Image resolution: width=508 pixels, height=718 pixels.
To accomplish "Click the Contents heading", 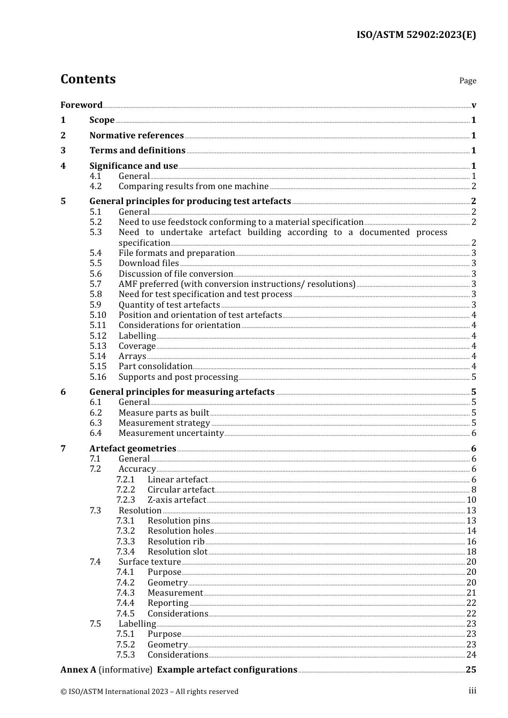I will pos(88,79).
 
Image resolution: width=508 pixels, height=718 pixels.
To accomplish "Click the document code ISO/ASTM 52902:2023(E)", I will pos(416,35).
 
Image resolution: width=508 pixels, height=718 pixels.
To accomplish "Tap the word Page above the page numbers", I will pos(467,81).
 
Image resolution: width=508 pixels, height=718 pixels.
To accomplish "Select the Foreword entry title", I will pos(81,105).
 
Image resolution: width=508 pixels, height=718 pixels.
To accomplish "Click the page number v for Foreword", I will pos(474,105).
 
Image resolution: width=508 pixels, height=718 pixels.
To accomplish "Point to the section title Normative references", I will pos(136,135).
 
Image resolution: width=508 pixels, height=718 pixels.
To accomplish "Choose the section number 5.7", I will pos(95,284).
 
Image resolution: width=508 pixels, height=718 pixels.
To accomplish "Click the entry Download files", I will pos(149,263).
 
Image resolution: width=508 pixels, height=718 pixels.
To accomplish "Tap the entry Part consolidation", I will pos(155,366).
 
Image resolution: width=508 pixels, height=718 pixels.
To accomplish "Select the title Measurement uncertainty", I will pos(171,433).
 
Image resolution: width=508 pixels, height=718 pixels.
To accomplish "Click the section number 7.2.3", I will pos(126,500).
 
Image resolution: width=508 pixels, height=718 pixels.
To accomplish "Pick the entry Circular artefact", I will pos(181,489).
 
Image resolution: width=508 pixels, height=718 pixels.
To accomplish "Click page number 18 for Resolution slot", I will pos(471,551).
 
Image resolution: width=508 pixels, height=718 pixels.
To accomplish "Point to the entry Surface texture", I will pos(150,561).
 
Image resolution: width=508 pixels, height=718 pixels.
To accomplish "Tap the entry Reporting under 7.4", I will pos(168,603).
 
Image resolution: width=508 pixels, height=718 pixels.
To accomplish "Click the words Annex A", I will pos(78,669).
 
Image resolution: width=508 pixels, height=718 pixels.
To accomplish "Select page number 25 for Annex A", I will pos(471,669).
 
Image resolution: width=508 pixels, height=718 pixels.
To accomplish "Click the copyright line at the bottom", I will pos(149,691).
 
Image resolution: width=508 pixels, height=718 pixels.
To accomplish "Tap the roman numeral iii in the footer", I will pos(472,691).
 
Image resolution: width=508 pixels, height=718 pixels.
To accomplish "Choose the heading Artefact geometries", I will pos(133,448).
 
